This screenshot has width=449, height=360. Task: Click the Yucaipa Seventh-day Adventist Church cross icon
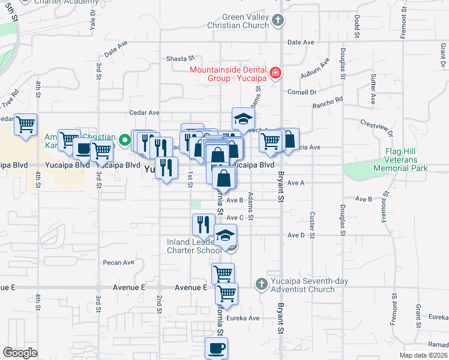tap(261, 283)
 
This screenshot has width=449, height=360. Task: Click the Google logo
tap(20, 353)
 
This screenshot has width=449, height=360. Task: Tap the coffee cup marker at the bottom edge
tap(216, 347)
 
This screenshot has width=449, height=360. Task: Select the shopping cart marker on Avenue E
tap(226, 293)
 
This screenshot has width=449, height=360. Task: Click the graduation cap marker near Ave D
tap(225, 235)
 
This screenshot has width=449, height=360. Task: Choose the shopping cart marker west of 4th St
tap(26, 125)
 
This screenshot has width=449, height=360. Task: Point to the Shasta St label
tap(181, 59)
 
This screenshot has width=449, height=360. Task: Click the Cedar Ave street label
tap(145, 112)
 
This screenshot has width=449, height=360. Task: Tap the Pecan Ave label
tap(118, 262)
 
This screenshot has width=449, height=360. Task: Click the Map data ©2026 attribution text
tap(423, 355)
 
